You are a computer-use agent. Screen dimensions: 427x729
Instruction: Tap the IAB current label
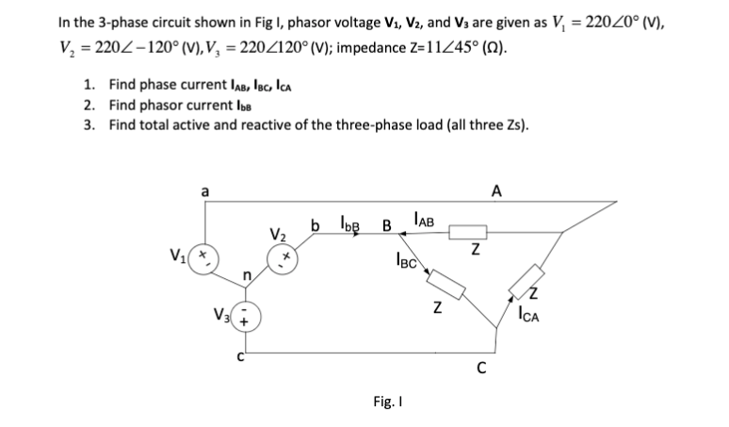(x=423, y=222)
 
